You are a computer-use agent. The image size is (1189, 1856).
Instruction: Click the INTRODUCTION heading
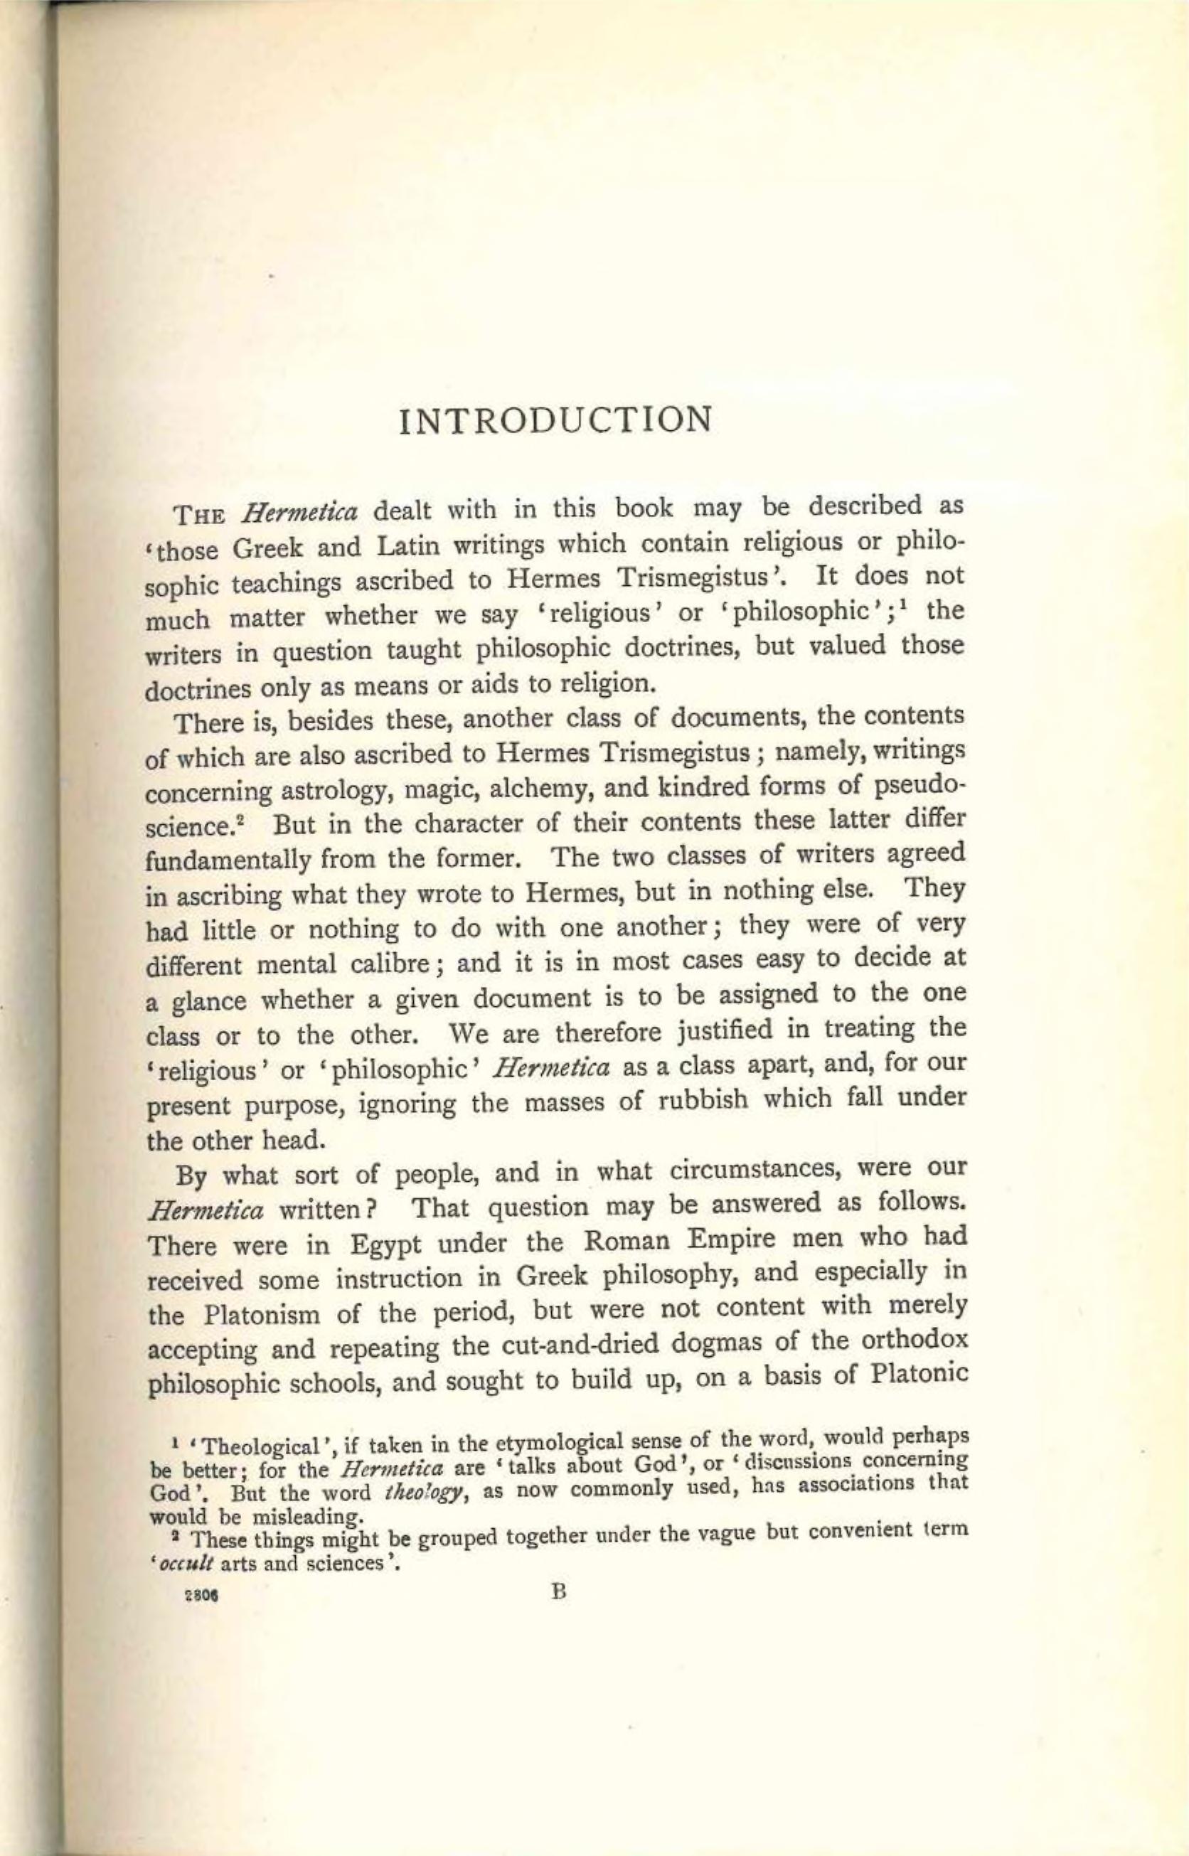pos(555,420)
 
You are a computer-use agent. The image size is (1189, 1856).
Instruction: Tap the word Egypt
pos(385,1246)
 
